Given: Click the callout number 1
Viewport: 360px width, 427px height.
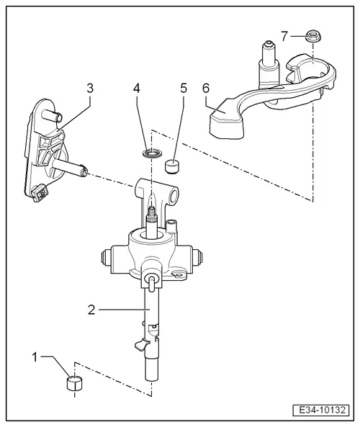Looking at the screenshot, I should [36, 356].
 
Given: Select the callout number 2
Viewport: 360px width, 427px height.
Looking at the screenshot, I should [91, 310].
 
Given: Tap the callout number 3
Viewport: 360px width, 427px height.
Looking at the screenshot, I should [89, 89].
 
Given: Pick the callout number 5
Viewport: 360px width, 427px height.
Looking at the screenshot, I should [183, 89].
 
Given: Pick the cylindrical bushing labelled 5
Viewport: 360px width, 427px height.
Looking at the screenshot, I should [172, 168].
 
